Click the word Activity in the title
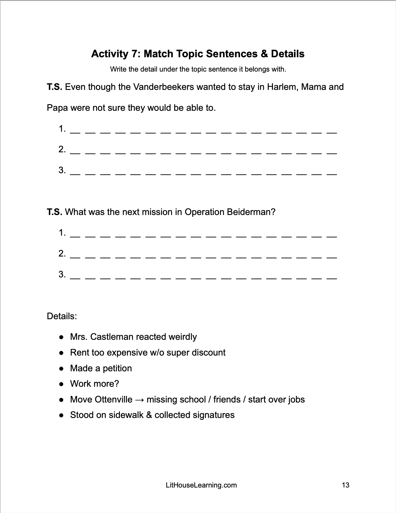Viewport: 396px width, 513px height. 110,54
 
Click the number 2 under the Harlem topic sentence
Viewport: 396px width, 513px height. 62,149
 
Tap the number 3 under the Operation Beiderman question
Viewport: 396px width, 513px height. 62,274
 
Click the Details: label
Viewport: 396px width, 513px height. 62,316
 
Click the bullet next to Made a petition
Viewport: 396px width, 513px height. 61,369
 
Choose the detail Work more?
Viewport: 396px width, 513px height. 94,384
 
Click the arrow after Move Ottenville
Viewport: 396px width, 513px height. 139,400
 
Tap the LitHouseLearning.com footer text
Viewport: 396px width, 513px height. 201,485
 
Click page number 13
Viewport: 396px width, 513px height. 345,485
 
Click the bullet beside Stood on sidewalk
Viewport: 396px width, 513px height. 61,415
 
